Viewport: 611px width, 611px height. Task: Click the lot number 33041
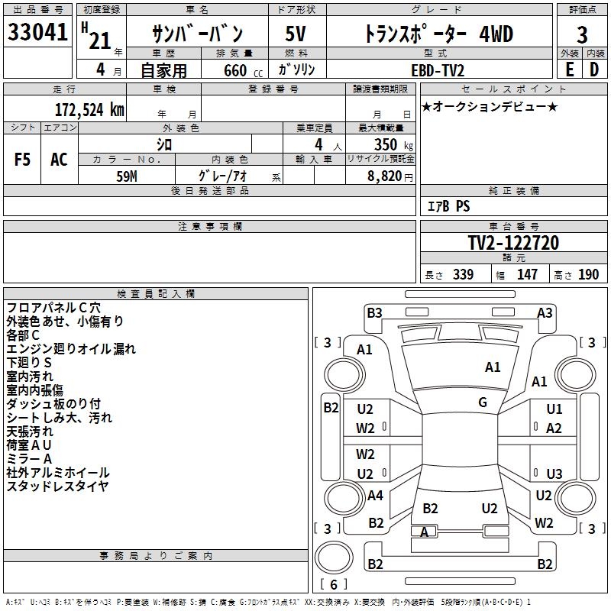[37, 31]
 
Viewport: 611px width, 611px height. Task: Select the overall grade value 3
[582, 34]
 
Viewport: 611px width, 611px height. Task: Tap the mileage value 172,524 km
[89, 110]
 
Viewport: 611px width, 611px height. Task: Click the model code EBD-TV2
[438, 70]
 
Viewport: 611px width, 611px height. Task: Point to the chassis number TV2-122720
[513, 243]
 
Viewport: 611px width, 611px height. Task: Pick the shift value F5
[22, 160]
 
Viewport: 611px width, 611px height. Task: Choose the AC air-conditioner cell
[59, 160]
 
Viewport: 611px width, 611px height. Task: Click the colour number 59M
[127, 176]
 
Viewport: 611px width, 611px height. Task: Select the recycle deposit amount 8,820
[385, 176]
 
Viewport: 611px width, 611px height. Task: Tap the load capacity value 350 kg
[393, 144]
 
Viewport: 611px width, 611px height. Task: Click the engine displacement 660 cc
[243, 70]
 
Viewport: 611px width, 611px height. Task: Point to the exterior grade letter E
[570, 70]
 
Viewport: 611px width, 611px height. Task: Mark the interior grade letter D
[594, 70]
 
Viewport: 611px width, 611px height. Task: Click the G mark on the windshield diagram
[483, 402]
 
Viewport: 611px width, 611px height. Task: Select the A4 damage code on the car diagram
[375, 495]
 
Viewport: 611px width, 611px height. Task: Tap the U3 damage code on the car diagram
[554, 474]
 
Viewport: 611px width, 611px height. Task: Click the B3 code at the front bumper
[374, 313]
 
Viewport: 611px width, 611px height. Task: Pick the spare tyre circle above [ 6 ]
[334, 558]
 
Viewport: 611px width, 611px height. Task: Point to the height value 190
[588, 274]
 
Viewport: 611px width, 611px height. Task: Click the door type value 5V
[296, 34]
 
